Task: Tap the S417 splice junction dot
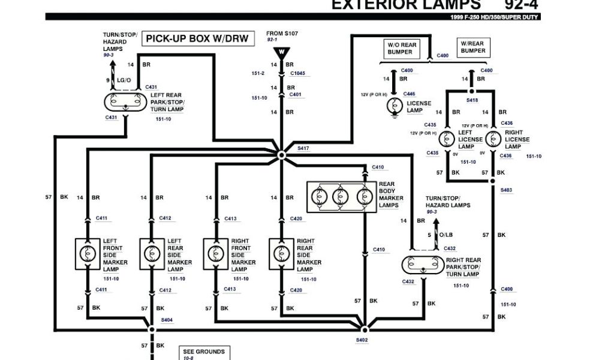[x=282, y=154]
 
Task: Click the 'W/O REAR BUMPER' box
[x=402, y=49]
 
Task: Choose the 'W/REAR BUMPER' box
[x=473, y=47]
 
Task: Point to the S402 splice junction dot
[x=364, y=329]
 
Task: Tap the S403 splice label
[x=507, y=190]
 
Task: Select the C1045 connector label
[x=298, y=73]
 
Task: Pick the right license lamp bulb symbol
[x=493, y=139]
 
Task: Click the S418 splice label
[x=472, y=101]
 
